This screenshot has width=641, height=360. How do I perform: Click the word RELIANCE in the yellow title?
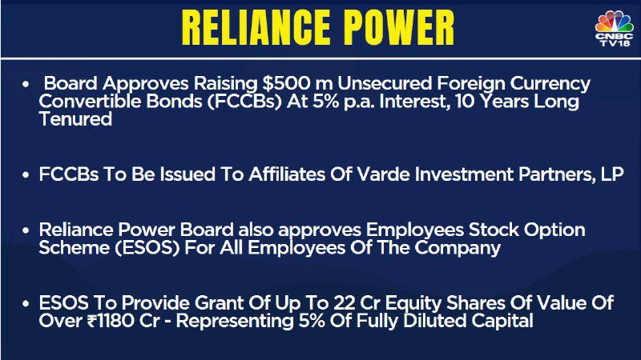point(256,28)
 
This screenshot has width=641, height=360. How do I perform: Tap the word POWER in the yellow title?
point(398,28)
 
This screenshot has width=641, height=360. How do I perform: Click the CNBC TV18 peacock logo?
point(614,29)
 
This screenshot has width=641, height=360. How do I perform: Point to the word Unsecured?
point(385,83)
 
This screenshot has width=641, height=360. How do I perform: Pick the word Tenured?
point(75,119)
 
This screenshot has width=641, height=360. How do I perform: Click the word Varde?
point(383,174)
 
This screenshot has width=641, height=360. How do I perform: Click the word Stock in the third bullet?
point(494,230)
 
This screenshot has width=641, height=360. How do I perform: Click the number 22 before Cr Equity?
point(345,303)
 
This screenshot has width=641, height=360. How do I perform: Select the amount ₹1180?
point(111,321)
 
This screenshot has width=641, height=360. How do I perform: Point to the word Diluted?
point(434,321)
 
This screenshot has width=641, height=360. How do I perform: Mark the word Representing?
point(235,322)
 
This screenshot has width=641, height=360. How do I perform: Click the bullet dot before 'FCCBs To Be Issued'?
point(26,174)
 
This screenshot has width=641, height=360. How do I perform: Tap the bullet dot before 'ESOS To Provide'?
point(26,304)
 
